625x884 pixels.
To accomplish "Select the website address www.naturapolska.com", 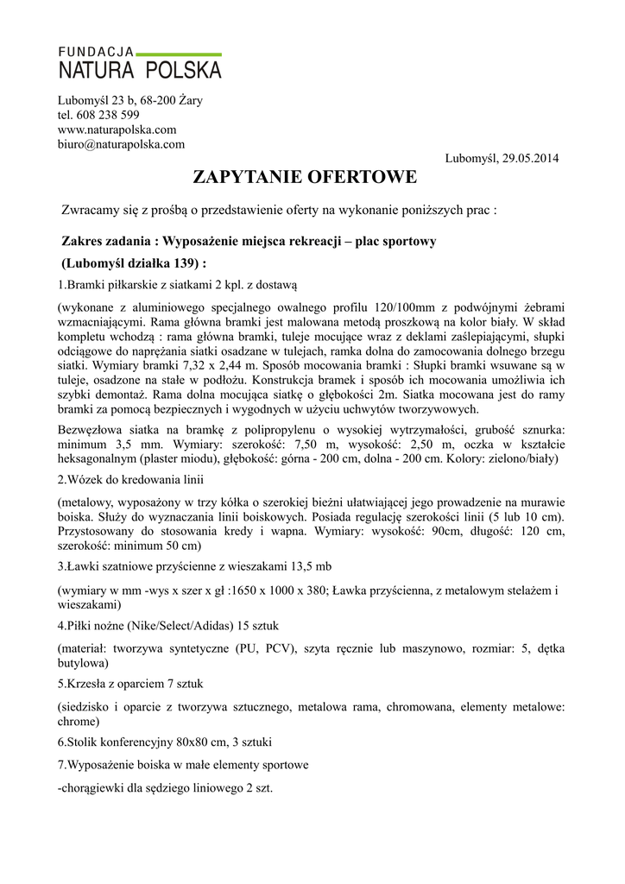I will (x=117, y=129).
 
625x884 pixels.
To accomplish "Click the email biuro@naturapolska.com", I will (x=121, y=144).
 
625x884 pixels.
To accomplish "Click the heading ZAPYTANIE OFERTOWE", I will (x=305, y=178).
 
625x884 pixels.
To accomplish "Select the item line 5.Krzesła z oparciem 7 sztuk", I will (x=130, y=684).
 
